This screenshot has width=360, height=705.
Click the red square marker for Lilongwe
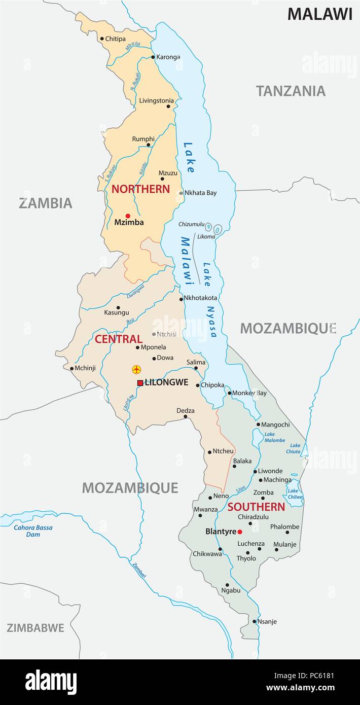(x=140, y=383)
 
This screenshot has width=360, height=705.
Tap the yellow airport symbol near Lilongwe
(x=136, y=369)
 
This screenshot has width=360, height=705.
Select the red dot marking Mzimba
(x=128, y=216)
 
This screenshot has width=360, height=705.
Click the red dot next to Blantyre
(x=240, y=532)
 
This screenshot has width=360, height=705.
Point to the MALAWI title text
(x=319, y=14)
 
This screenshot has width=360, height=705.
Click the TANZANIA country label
(x=290, y=91)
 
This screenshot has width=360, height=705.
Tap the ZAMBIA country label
(x=46, y=203)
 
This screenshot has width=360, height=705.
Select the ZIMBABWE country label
(x=35, y=628)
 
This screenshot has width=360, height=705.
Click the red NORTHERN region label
(x=140, y=189)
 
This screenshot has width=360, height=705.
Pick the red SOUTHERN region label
(x=256, y=507)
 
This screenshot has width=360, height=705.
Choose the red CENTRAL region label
(x=118, y=339)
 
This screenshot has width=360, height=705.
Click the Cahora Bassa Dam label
(x=33, y=531)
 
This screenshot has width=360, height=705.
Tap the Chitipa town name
(x=116, y=39)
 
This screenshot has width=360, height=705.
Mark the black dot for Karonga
(x=153, y=57)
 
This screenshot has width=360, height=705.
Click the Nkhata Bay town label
(x=200, y=193)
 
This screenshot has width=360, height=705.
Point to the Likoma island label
(x=206, y=236)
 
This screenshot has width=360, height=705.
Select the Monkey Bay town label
(x=249, y=393)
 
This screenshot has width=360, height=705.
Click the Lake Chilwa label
(x=295, y=494)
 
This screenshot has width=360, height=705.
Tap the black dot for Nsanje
(x=255, y=621)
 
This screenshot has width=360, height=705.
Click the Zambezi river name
(x=138, y=571)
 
